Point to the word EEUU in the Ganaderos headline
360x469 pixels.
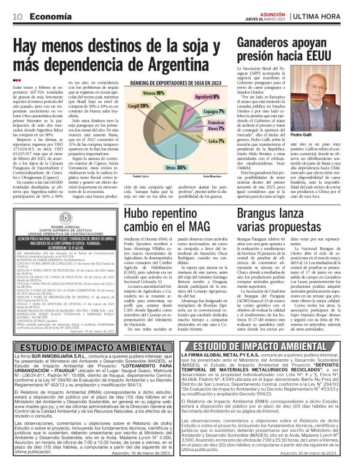(x=317, y=65)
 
